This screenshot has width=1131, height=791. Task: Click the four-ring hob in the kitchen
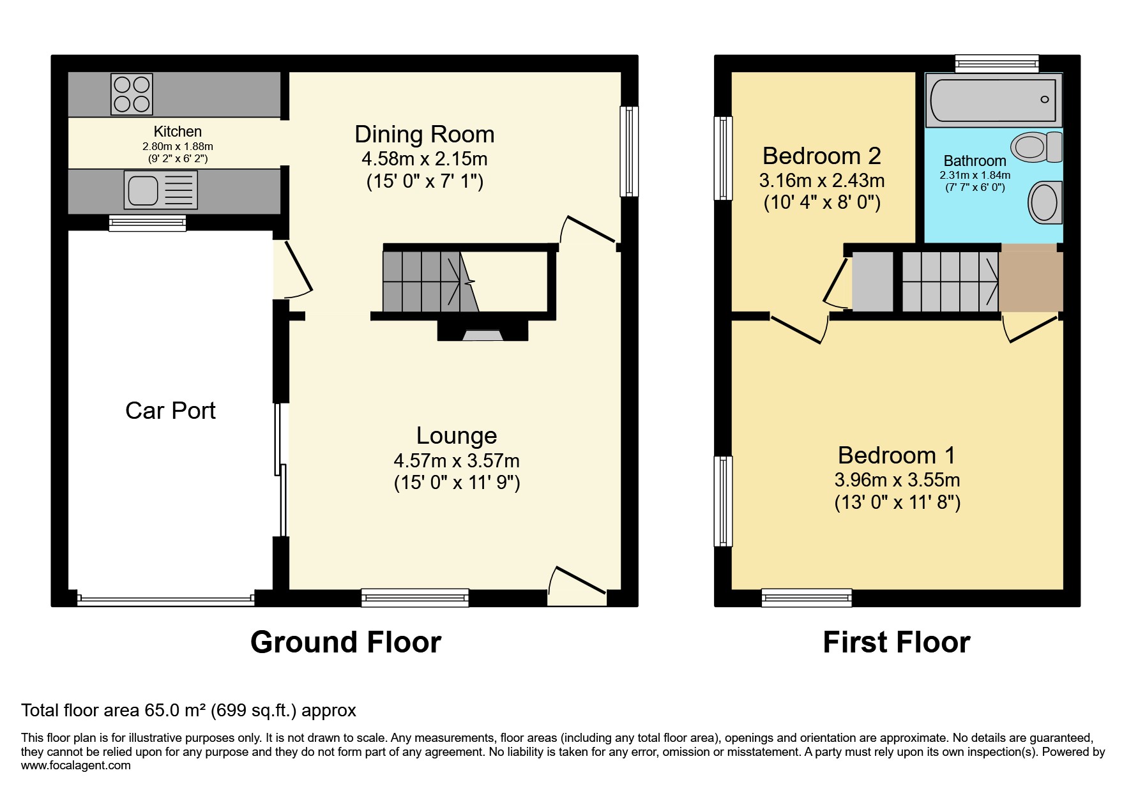(132, 94)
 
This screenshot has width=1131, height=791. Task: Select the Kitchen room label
(178, 132)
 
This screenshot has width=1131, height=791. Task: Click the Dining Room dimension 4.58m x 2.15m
(425, 158)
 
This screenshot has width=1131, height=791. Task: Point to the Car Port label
(171, 411)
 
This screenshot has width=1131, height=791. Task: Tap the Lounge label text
(457, 435)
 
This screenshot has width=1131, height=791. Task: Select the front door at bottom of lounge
(577, 585)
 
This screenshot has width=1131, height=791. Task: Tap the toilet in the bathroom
(1036, 146)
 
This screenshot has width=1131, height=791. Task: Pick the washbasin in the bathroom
(1044, 202)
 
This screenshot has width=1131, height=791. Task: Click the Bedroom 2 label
(821, 156)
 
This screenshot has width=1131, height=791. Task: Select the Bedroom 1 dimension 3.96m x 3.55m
(897, 479)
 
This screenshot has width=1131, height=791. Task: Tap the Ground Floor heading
(345, 642)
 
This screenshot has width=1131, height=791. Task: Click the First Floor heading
(896, 642)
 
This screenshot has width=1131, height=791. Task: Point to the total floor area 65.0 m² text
(188, 710)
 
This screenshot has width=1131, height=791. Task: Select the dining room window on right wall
(629, 151)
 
